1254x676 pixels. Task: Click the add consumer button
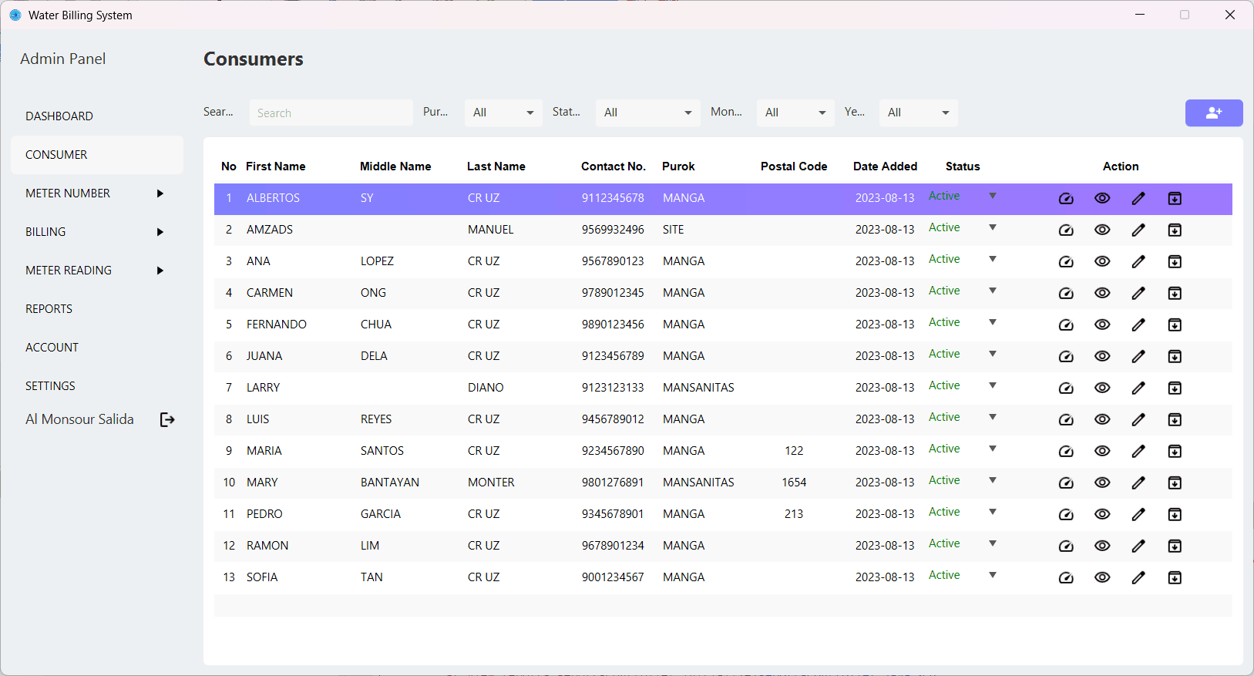click(1213, 113)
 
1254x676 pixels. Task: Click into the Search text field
click(331, 113)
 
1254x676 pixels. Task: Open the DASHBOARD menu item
click(59, 116)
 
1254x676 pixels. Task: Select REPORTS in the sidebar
click(49, 309)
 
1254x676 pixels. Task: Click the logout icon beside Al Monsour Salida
click(167, 419)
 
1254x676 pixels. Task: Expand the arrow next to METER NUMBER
click(160, 193)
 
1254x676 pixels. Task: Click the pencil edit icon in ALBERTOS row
click(1138, 198)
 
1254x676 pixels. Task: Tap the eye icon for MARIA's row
click(1102, 451)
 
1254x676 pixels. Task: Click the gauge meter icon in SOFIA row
click(1066, 577)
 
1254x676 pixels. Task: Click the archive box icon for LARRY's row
click(1175, 388)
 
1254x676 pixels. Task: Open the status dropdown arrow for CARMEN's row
click(993, 291)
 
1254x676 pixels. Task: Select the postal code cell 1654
click(794, 483)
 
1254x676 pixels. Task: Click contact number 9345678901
click(613, 514)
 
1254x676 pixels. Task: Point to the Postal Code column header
click(794, 166)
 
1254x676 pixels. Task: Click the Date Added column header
click(885, 166)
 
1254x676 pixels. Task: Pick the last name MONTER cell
click(491, 483)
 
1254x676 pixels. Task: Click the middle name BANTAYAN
click(390, 483)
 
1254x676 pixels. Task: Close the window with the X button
click(1230, 15)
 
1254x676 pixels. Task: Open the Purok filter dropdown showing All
click(503, 113)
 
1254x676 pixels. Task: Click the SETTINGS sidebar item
click(51, 386)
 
